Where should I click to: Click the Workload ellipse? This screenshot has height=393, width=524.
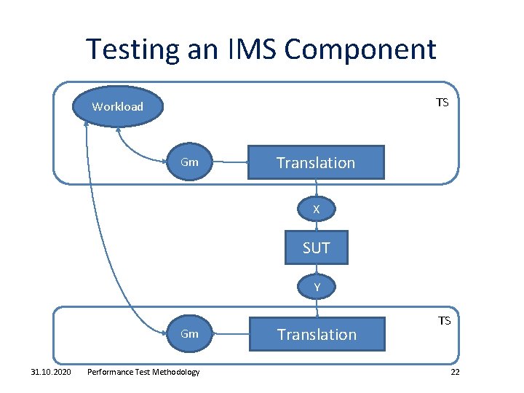pyautogui.click(x=118, y=107)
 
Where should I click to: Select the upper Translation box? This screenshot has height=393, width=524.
pyautogui.click(x=315, y=163)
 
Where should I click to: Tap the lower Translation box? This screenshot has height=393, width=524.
pyautogui.click(x=317, y=335)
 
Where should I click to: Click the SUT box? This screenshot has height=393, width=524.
pyautogui.click(x=316, y=248)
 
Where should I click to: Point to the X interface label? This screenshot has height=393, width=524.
pyautogui.click(x=316, y=210)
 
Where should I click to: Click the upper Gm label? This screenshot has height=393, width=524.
pyautogui.click(x=189, y=162)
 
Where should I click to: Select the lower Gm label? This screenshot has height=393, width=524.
pyautogui.click(x=189, y=334)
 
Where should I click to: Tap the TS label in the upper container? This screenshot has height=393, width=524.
pyautogui.click(x=442, y=103)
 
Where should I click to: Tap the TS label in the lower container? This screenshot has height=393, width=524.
pyautogui.click(x=443, y=320)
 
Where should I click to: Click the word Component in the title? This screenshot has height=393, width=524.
pyautogui.click(x=360, y=49)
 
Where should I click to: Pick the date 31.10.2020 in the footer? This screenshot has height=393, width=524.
pyautogui.click(x=51, y=372)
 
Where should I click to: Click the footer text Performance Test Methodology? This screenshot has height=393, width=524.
pyautogui.click(x=143, y=372)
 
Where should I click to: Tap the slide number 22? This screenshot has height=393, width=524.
pyautogui.click(x=455, y=372)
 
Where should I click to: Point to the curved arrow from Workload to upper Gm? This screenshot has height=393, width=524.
pyautogui.click(x=131, y=149)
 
